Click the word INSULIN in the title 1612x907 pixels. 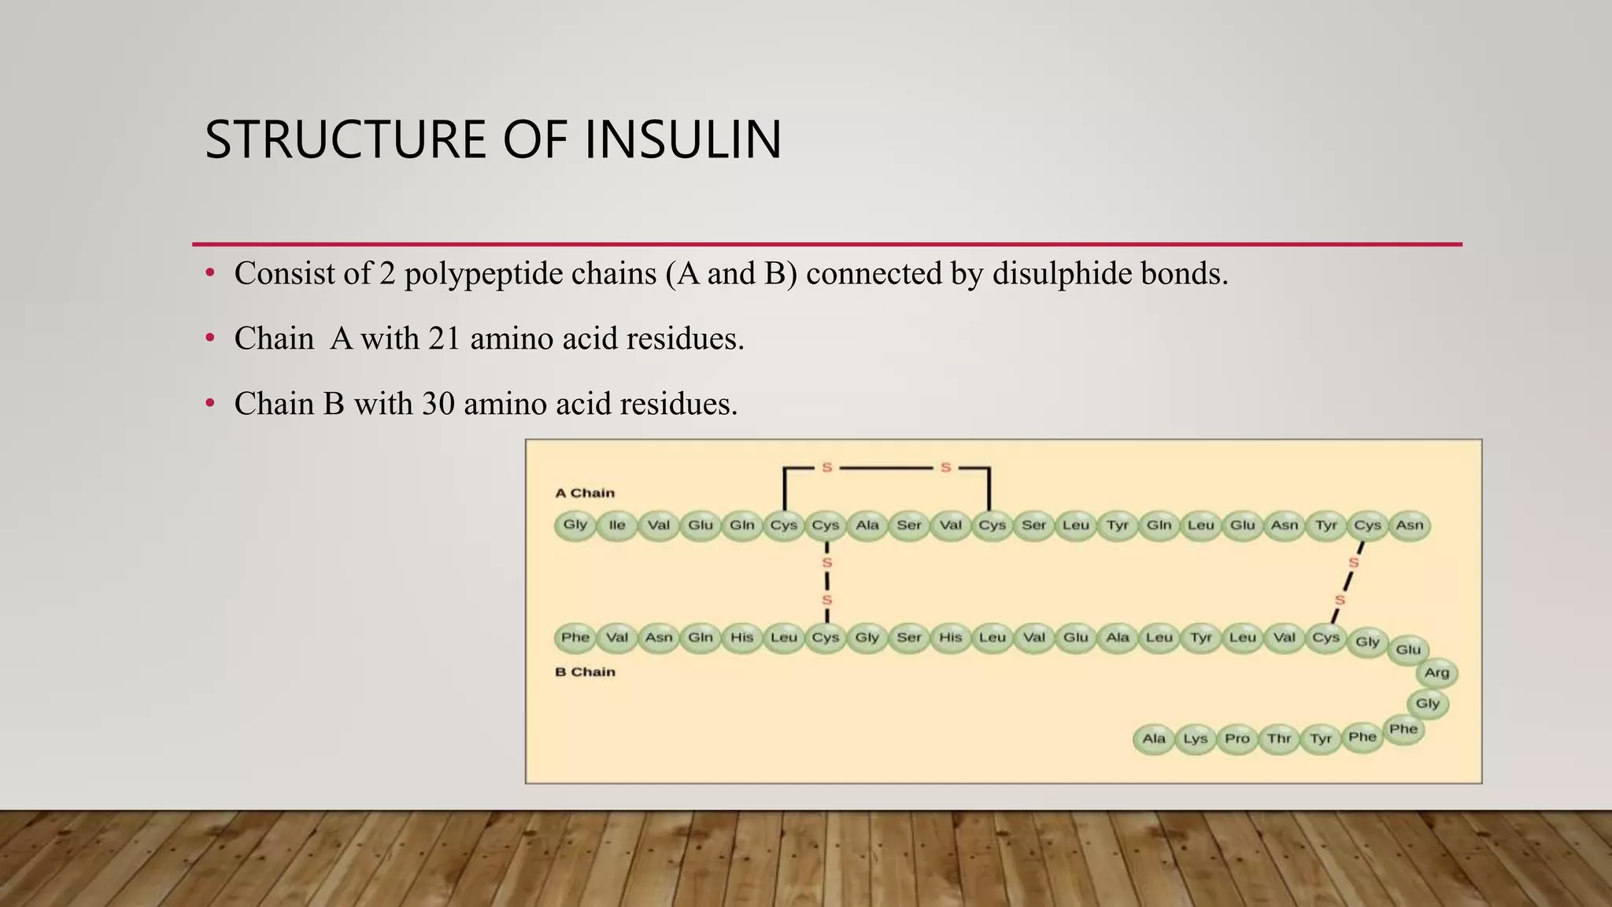coord(683,140)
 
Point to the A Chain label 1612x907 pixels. coord(585,493)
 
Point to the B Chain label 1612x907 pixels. coord(585,672)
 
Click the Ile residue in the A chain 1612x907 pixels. coord(617,525)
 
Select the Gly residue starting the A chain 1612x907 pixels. coord(575,524)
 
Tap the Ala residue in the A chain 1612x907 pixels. coord(867,525)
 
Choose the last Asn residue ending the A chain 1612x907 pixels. coord(1410,525)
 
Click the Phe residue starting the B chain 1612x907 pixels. coord(575,637)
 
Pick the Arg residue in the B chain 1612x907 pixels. coord(1436,672)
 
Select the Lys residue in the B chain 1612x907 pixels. coord(1196,739)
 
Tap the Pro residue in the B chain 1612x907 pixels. coord(1237,739)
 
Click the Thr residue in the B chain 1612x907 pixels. coord(1279,739)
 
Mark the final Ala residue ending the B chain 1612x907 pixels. coord(1154,739)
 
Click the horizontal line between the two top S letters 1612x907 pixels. coord(885,468)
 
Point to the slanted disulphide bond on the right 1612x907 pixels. coord(1348,581)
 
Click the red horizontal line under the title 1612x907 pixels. coord(826,244)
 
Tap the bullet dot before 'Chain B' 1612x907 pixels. coord(209,404)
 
